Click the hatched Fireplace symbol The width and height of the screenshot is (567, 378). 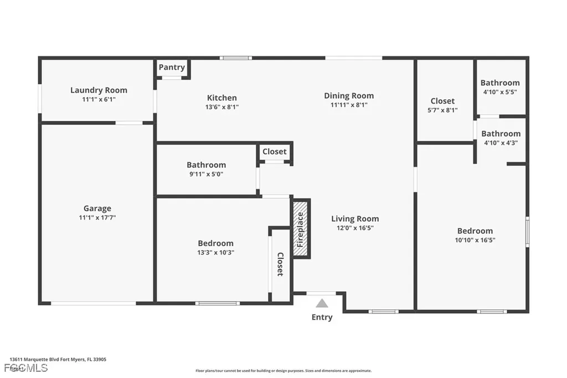[301, 229]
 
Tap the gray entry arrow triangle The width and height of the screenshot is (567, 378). [322, 303]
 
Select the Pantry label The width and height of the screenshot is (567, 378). [172, 67]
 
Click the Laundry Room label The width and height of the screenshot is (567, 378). [99, 90]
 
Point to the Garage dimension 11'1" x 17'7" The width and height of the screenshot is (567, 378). [97, 218]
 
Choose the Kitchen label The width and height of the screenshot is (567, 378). [222, 98]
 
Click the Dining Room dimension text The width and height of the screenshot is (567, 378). [349, 105]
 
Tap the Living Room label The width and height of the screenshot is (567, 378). [355, 218]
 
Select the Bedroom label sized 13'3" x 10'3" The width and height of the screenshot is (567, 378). [215, 243]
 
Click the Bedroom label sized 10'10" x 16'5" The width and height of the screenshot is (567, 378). [475, 231]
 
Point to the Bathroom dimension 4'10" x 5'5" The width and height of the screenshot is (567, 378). [500, 92]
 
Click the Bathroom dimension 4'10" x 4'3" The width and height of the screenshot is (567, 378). [500, 142]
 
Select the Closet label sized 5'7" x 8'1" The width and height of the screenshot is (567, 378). [442, 101]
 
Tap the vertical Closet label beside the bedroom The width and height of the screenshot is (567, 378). [280, 264]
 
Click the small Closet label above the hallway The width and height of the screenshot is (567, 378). [275, 151]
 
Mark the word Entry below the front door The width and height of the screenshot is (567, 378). [322, 318]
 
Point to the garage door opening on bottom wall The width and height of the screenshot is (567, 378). [94, 303]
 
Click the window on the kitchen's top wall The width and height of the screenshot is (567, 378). [236, 58]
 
